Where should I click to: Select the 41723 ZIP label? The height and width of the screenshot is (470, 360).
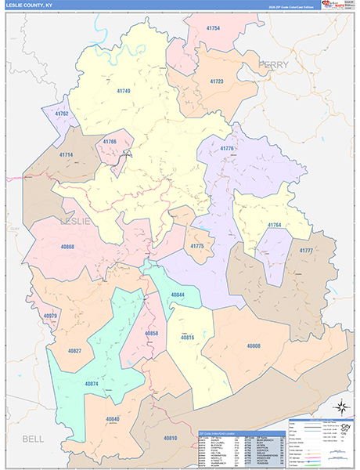(x=217, y=81)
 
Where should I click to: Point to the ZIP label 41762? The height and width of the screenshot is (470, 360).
(x=62, y=114)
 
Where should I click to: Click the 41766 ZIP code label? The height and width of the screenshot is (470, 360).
(x=110, y=142)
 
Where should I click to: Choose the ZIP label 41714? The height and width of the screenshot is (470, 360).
(x=66, y=155)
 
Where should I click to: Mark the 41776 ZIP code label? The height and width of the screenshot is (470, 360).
(x=228, y=148)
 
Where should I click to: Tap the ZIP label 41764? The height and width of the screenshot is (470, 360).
(x=275, y=226)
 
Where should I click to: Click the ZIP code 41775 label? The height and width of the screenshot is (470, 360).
(x=197, y=246)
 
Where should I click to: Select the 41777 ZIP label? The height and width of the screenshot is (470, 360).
(x=305, y=250)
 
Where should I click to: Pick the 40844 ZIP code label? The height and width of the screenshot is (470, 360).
(x=178, y=295)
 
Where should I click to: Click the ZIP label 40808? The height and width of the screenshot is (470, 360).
(x=254, y=345)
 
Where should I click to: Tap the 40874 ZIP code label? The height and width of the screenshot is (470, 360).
(x=91, y=384)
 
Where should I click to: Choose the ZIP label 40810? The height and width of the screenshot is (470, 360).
(x=171, y=437)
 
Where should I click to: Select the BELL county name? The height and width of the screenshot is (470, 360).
(x=33, y=438)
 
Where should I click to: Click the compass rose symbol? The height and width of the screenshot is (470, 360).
(x=340, y=406)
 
